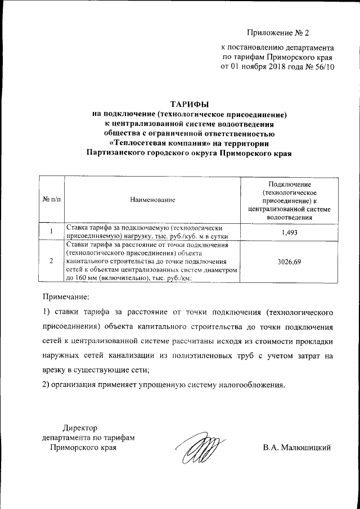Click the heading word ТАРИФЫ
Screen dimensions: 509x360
189,104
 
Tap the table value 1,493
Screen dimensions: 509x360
289,232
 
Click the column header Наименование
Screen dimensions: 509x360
152,200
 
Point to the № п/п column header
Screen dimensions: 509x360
51,200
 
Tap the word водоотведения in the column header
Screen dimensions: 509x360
289,217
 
